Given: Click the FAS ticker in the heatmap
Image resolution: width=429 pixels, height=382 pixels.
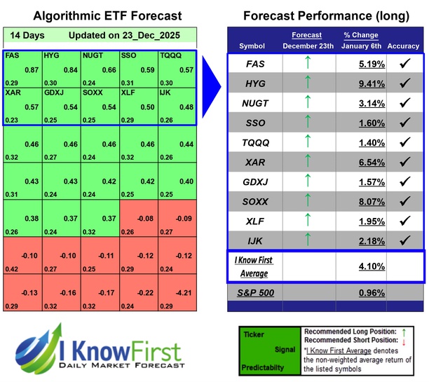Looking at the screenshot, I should click(12, 55).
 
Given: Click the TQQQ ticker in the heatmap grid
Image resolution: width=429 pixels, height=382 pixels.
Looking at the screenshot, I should click(171, 55).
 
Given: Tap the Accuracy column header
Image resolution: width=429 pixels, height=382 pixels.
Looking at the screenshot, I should click(403, 46).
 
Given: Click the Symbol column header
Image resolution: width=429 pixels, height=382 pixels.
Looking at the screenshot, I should click(252, 46).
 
